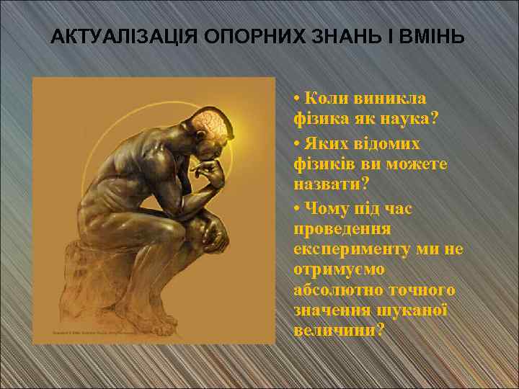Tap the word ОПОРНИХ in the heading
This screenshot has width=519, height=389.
click(234, 37)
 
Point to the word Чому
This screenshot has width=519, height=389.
click(329, 208)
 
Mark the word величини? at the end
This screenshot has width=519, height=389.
click(339, 331)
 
